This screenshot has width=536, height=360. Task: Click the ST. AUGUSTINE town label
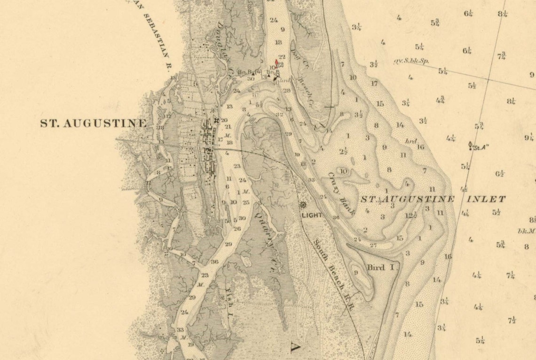(x=93, y=124)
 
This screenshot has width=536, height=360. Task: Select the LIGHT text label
(x=312, y=215)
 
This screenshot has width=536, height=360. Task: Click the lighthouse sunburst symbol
(x=303, y=205)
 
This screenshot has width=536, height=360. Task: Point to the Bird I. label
(x=382, y=268)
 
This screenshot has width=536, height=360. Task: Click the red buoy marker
(x=276, y=62)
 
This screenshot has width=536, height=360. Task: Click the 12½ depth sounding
(x=411, y=216)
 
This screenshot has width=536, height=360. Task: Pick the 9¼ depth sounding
(x=529, y=138)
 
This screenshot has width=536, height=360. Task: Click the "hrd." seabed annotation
(x=411, y=141)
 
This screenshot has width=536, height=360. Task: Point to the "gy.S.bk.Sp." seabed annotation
(x=411, y=61)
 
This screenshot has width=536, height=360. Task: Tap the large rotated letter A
(x=295, y=347)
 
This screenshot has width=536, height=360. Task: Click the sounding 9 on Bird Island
(x=356, y=272)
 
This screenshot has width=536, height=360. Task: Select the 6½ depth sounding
(x=499, y=174)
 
